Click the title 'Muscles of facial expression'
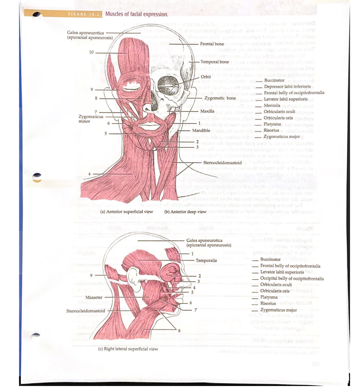tap(137, 14)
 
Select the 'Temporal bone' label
tap(214, 61)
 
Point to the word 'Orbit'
tap(206, 76)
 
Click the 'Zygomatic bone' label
tap(220, 98)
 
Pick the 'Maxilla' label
tap(208, 111)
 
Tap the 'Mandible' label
tap(200, 130)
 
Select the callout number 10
tap(92, 52)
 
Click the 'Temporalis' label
tap(206, 260)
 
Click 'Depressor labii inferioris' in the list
tap(287, 86)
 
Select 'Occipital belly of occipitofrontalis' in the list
tap(292, 278)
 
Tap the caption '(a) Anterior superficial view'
tap(127, 211)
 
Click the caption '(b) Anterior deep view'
tap(186, 211)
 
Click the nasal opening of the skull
tap(149, 109)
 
